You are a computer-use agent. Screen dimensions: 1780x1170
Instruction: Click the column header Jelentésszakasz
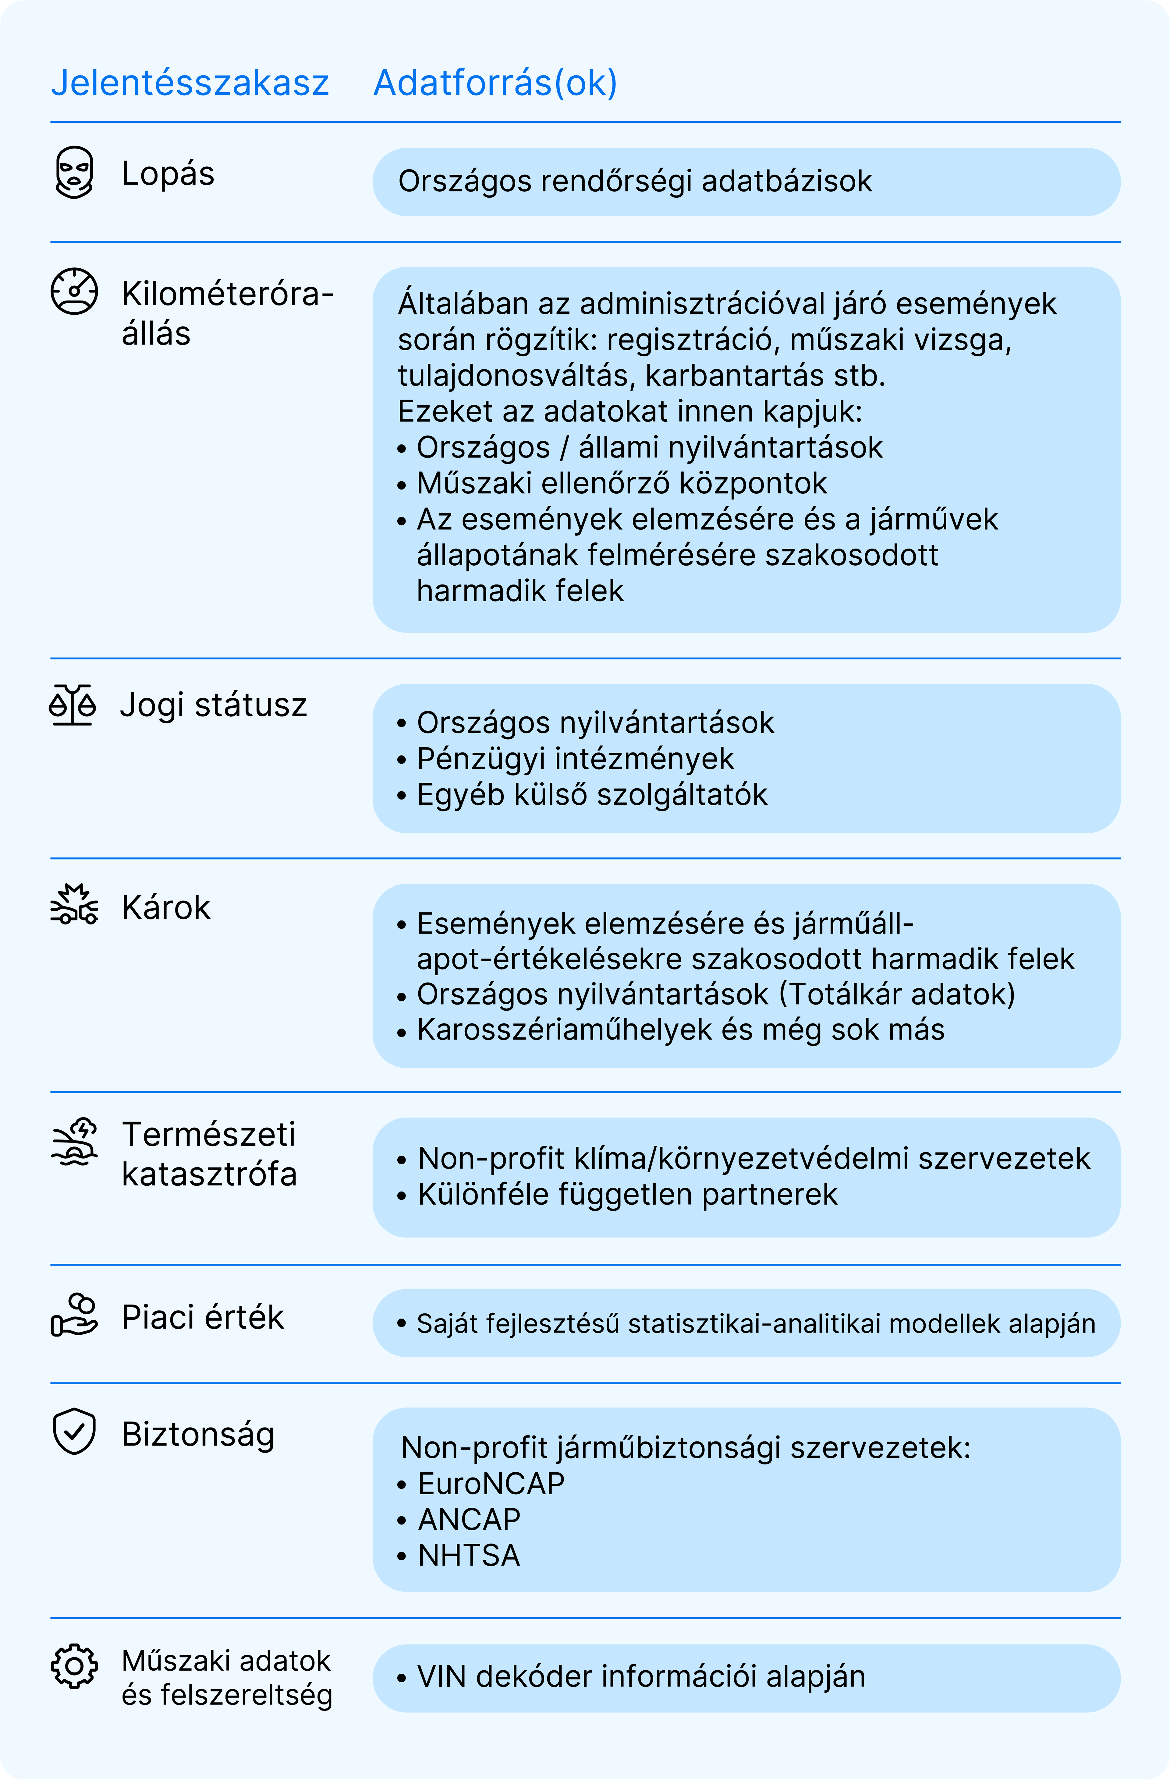click(190, 83)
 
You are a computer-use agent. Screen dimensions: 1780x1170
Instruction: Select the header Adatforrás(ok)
click(495, 83)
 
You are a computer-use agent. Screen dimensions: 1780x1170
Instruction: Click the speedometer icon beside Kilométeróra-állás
click(74, 292)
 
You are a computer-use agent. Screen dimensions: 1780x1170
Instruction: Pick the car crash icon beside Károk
click(74, 905)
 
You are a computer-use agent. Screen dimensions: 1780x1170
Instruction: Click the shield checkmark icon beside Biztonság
click(74, 1432)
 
